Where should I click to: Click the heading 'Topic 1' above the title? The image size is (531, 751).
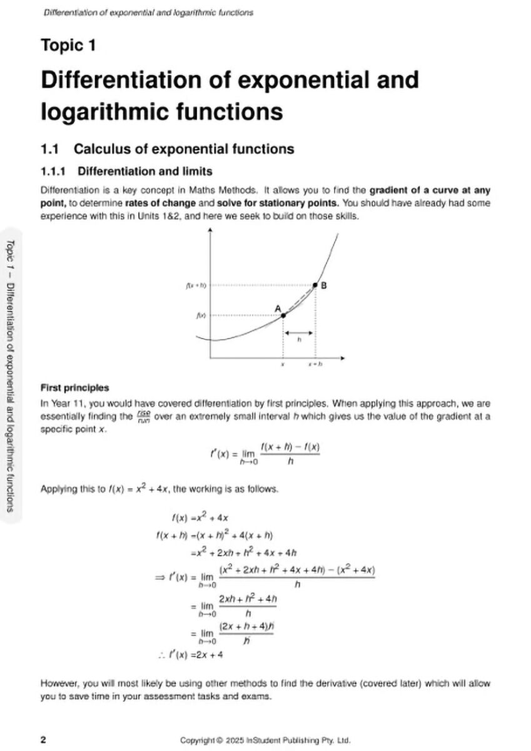coord(68,46)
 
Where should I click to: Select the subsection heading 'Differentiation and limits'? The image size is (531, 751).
coord(145,171)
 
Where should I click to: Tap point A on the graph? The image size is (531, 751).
coord(283,315)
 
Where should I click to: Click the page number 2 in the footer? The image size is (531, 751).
coord(43,739)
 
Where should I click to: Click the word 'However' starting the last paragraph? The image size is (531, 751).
coord(60,683)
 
